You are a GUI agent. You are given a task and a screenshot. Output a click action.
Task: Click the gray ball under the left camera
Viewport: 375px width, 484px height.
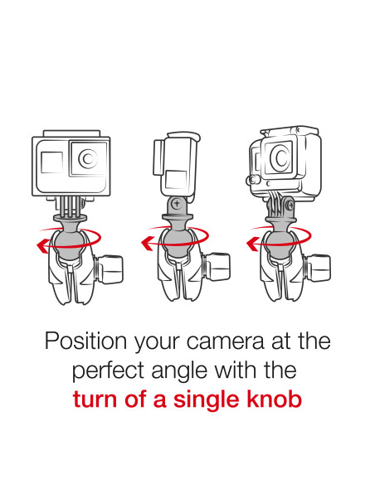(68, 241)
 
